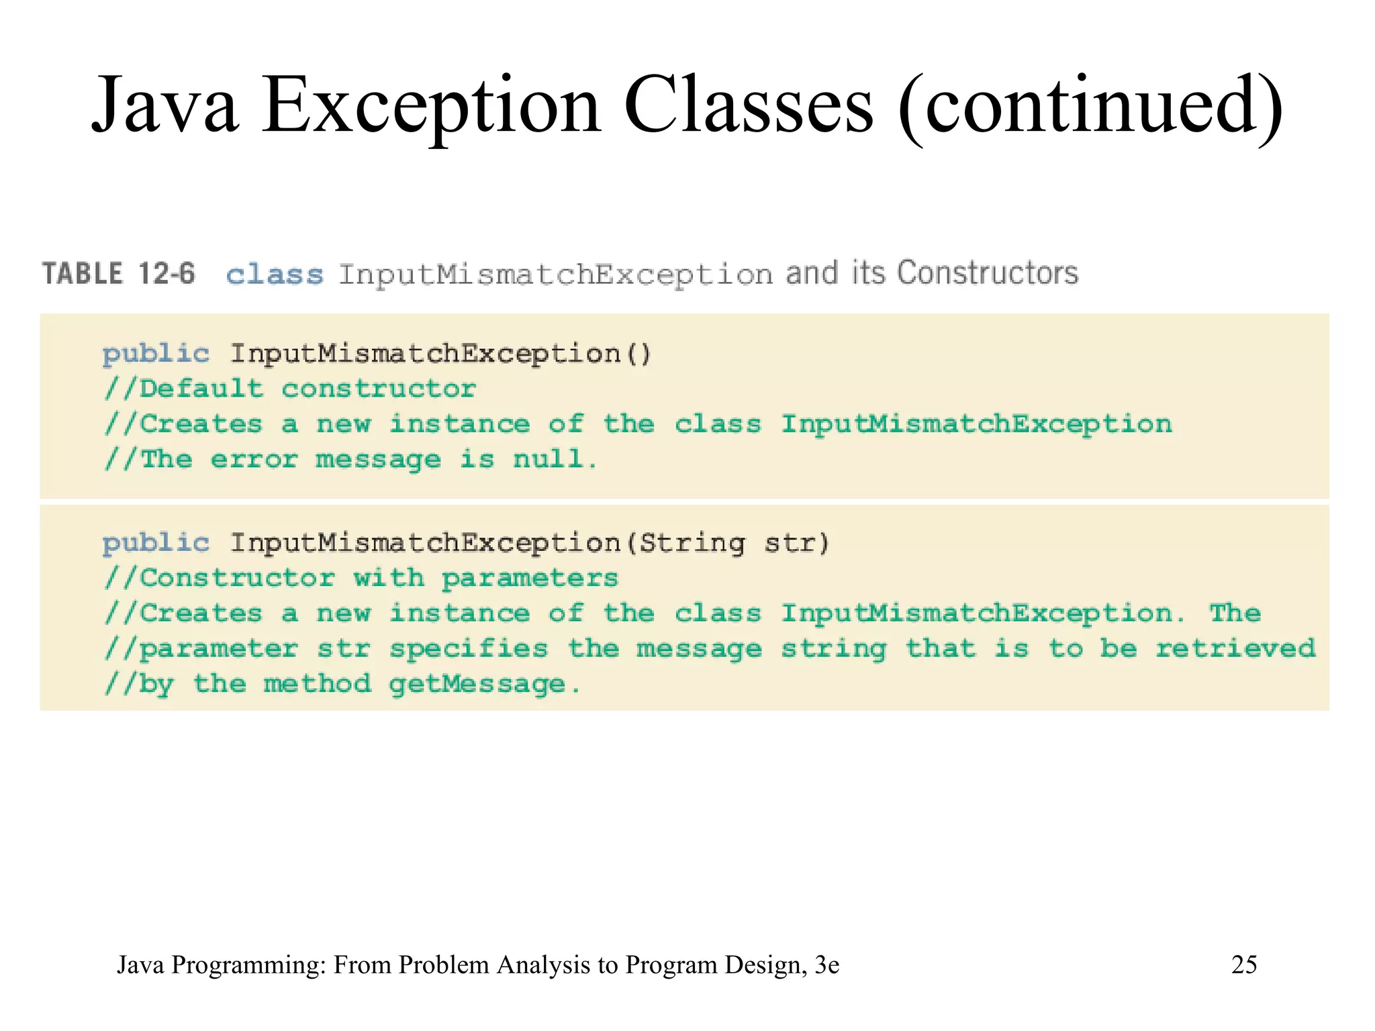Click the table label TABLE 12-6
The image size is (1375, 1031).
119,274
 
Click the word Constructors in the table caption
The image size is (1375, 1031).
988,273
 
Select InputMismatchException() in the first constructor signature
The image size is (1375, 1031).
440,354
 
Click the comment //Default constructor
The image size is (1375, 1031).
290,389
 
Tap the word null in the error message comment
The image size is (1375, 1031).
548,460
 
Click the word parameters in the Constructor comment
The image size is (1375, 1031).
530,579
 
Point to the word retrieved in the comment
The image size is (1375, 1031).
1235,648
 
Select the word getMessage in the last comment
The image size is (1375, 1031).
477,684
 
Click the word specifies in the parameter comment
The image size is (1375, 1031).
469,648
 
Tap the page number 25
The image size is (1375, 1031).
1244,965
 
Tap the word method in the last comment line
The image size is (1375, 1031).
317,684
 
